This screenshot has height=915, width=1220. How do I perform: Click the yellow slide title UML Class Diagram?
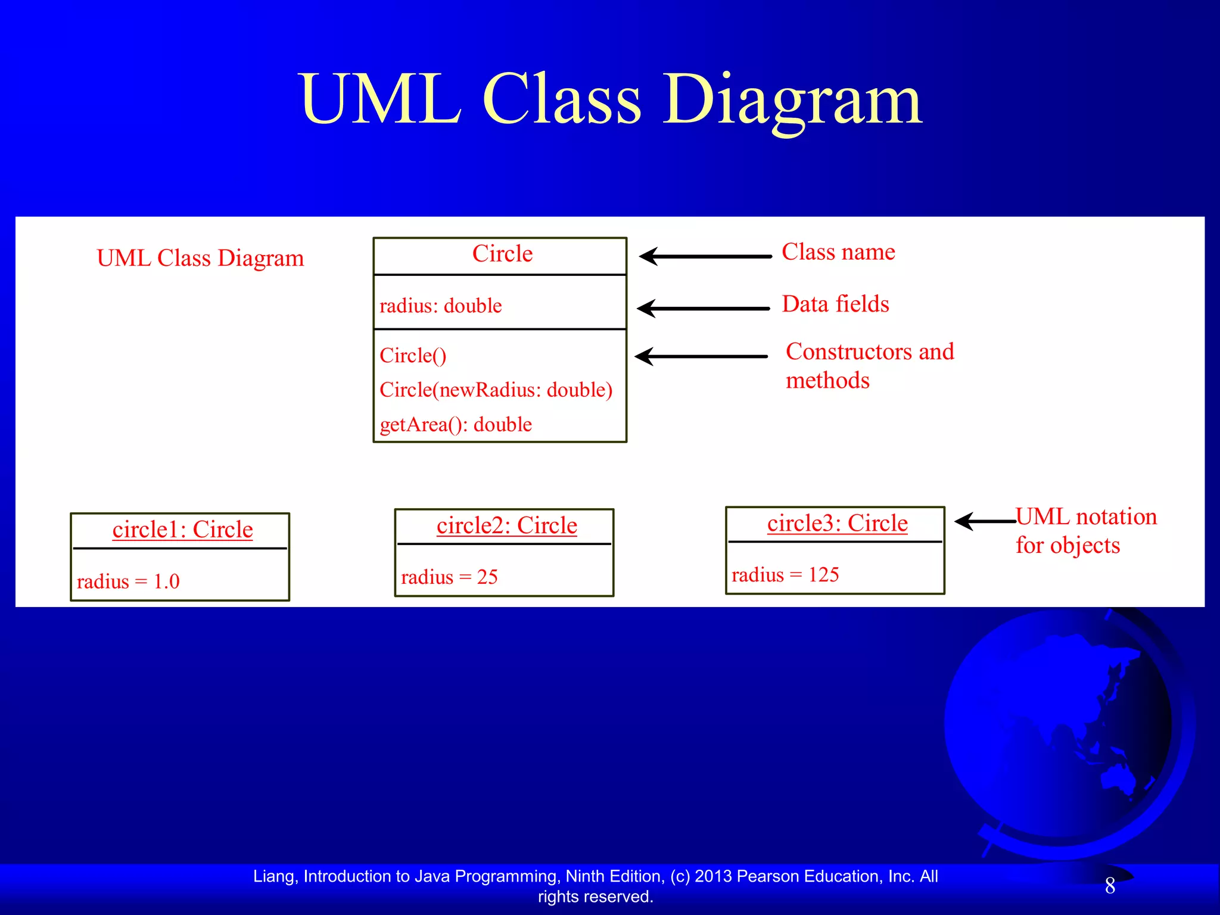pyautogui.click(x=610, y=100)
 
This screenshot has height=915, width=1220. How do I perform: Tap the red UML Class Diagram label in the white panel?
pyautogui.click(x=200, y=259)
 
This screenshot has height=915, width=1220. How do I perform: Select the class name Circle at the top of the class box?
pyautogui.click(x=502, y=254)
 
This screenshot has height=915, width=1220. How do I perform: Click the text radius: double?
pyautogui.click(x=440, y=306)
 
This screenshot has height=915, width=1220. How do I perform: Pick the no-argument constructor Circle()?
pyautogui.click(x=413, y=356)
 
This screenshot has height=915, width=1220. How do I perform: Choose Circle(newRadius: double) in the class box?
pyautogui.click(x=496, y=390)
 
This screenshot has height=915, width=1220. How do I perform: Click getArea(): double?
pyautogui.click(x=456, y=424)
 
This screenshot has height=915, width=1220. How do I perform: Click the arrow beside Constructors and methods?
pyautogui.click(x=701, y=356)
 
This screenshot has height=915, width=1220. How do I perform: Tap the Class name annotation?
pyautogui.click(x=838, y=252)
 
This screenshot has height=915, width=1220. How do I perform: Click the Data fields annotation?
pyautogui.click(x=835, y=304)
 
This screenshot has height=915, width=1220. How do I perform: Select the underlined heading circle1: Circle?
pyautogui.click(x=182, y=530)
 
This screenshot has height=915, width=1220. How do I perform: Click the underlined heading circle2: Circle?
pyautogui.click(x=506, y=525)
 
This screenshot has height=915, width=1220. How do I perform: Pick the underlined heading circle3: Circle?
pyautogui.click(x=837, y=523)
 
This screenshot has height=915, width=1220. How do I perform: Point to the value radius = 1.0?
pyautogui.click(x=128, y=581)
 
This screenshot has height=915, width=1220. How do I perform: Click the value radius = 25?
pyautogui.click(x=449, y=577)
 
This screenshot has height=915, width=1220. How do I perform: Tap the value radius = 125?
pyautogui.click(x=785, y=575)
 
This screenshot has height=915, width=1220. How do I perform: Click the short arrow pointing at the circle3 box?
pyautogui.click(x=985, y=521)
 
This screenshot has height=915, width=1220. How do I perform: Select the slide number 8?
pyautogui.click(x=1110, y=886)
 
